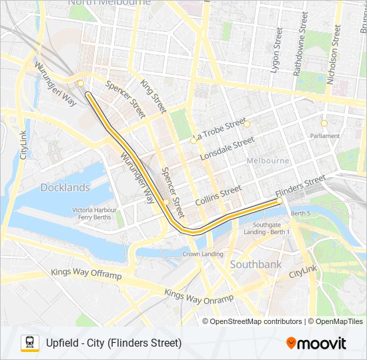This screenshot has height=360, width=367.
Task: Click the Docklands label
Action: [65, 187]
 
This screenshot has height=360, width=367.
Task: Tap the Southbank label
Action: [256, 265]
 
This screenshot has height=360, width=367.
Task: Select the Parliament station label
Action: [324, 136]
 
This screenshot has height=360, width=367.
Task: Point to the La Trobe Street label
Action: [218, 131]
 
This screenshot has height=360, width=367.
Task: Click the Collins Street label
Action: [218, 195]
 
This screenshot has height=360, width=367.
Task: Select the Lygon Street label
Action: [275, 51]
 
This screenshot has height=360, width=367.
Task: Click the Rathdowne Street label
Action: [304, 43]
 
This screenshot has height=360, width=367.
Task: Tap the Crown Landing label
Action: [203, 254]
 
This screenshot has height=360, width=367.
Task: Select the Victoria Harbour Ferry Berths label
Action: [92, 213]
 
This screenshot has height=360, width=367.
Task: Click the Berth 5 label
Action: [300, 213]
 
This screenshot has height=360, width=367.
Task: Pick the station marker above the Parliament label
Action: [324, 123]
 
